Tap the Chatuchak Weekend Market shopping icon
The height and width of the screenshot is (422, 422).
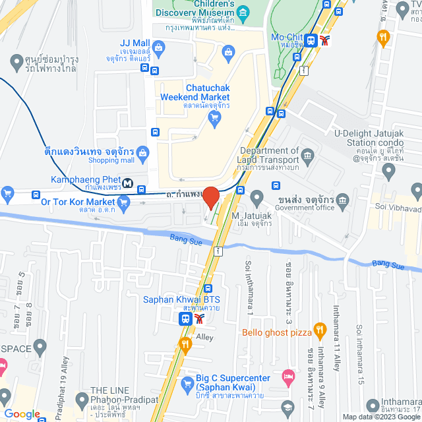[x=214, y=118]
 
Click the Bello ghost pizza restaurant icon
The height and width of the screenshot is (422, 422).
[x=320, y=328]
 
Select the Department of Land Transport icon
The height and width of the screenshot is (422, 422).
[x=308, y=156]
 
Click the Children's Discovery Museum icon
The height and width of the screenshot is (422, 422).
[x=243, y=13]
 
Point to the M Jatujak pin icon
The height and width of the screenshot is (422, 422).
[x=257, y=197]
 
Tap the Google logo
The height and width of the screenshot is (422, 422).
[x=22, y=413]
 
